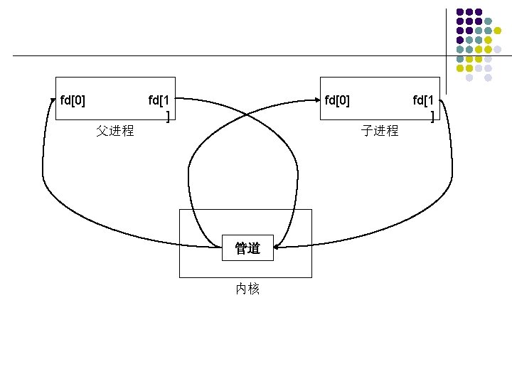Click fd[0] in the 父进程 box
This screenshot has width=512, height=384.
(x=73, y=100)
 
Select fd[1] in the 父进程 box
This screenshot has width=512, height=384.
(x=161, y=107)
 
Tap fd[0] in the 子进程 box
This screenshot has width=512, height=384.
(x=337, y=100)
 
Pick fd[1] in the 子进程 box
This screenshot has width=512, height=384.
(x=427, y=107)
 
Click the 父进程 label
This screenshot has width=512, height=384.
(x=115, y=131)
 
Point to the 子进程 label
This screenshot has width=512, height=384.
(x=380, y=131)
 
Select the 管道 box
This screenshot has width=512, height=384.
(x=247, y=247)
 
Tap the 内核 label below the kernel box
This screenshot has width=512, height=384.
(x=247, y=289)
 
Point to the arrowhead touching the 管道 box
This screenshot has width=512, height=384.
(x=277, y=247)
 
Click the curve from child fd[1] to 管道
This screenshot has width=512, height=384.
(x=398, y=220)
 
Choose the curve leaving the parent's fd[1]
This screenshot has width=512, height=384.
(x=213, y=100)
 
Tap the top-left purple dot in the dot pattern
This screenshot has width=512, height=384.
(x=460, y=12)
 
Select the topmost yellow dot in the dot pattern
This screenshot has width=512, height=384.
(x=497, y=31)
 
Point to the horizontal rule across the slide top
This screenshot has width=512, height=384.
(x=213, y=55)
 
